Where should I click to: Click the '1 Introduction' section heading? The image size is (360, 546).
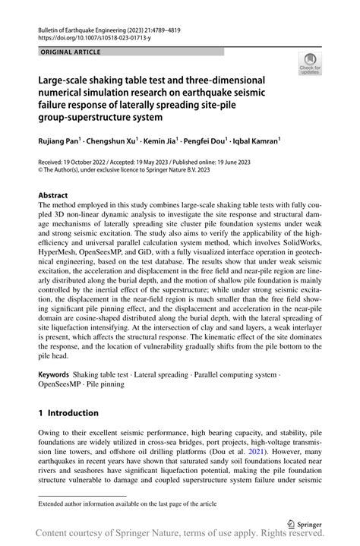[68, 413]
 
